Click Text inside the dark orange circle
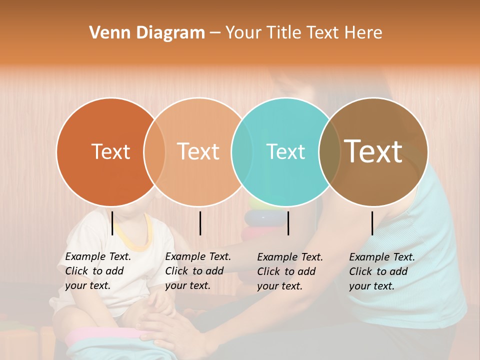[x=110, y=151]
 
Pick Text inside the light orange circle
[x=198, y=151]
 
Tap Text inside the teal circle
[x=285, y=151]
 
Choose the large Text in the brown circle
[x=373, y=151]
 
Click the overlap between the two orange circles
[x=154, y=151]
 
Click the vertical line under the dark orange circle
[x=112, y=223]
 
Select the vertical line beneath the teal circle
[x=288, y=223]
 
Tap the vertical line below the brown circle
[x=372, y=223]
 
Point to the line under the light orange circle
[x=200, y=223]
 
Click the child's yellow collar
[x=133, y=240]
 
